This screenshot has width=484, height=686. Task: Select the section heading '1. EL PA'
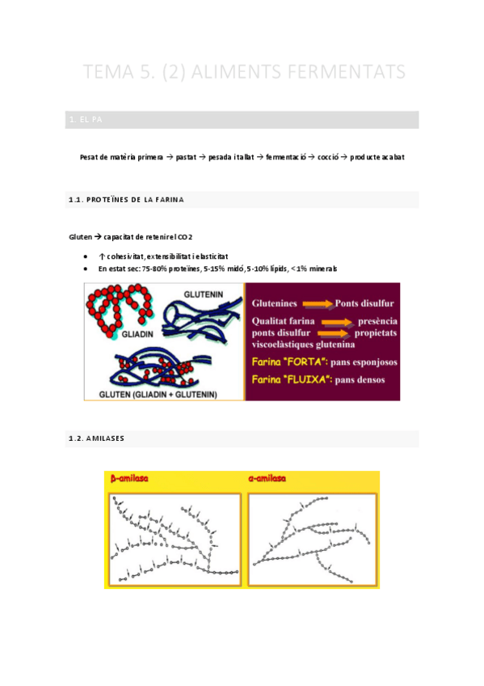(x=86, y=120)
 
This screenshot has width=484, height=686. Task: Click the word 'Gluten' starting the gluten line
(x=81, y=237)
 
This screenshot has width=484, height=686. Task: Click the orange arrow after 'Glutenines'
(x=317, y=303)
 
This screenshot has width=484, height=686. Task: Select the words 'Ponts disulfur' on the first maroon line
(x=364, y=303)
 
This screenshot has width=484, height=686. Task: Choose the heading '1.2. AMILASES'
(x=96, y=438)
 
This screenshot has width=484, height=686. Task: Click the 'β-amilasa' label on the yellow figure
(x=130, y=479)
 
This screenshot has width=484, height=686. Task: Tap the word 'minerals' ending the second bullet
(x=321, y=268)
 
